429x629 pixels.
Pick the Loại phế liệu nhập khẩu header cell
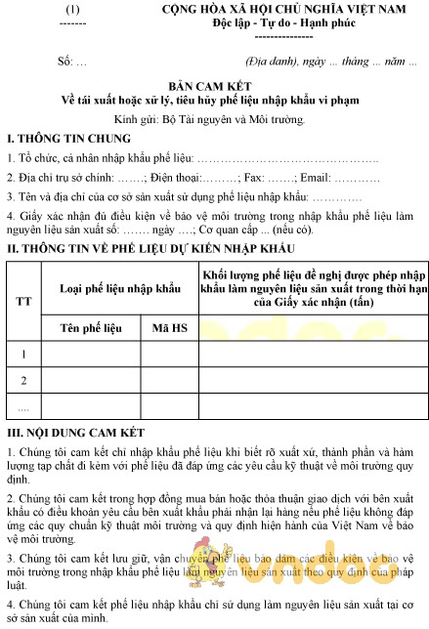coord(121,289)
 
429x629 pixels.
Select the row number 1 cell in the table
coord(23,353)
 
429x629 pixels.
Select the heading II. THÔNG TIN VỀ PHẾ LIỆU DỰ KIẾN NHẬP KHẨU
coord(144,250)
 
